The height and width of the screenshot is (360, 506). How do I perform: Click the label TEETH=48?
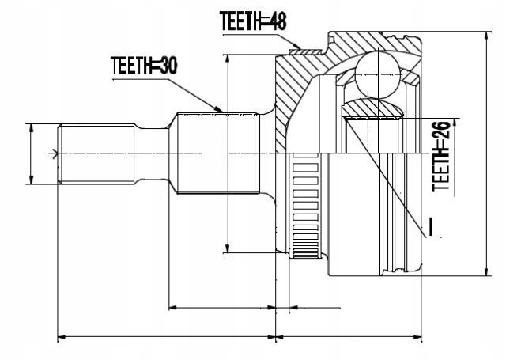click(251, 21)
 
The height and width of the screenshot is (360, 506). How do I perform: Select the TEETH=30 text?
click(143, 66)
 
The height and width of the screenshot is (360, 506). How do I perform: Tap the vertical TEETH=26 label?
click(441, 157)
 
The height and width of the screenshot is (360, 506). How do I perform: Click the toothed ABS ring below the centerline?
click(304, 207)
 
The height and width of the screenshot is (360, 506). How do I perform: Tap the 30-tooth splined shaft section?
click(218, 153)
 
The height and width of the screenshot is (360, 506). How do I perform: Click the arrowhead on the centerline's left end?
click(55, 153)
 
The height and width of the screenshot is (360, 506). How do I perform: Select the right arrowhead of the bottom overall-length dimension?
click(421, 338)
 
